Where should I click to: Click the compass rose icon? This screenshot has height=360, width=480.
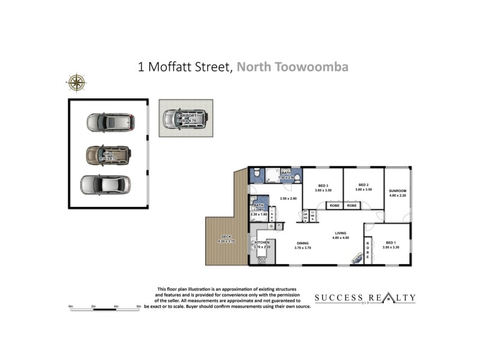(76, 82)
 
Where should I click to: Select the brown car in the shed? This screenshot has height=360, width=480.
(109, 155)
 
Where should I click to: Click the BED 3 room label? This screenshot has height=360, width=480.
(323, 185)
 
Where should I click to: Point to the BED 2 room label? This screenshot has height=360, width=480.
(362, 185)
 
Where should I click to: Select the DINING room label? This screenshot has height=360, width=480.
(302, 244)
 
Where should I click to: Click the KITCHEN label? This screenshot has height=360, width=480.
(263, 242)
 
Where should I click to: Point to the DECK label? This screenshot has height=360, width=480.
(226, 237)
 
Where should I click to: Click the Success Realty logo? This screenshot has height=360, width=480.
(365, 298)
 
